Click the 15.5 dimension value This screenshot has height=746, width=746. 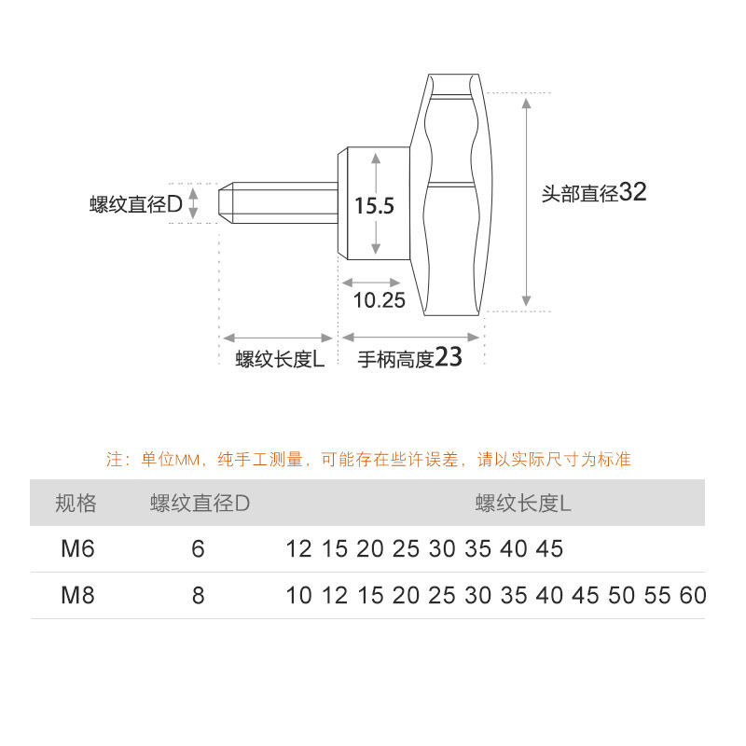[375, 205]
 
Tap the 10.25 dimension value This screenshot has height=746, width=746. [380, 300]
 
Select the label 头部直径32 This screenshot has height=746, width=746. [594, 193]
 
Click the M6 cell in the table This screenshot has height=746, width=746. [77, 549]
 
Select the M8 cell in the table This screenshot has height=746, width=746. [77, 595]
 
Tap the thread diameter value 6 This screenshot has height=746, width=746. [198, 549]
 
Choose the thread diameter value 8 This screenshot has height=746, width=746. [198, 595]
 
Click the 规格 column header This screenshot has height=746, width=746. [76, 504]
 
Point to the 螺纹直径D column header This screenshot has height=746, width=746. [200, 504]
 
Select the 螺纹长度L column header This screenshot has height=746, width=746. [523, 504]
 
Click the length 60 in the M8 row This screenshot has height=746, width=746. [693, 595]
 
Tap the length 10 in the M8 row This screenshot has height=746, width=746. [298, 595]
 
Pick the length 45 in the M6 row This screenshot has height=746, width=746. [549, 549]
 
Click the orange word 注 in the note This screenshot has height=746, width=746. [115, 460]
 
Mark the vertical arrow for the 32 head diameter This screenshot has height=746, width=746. [527, 200]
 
